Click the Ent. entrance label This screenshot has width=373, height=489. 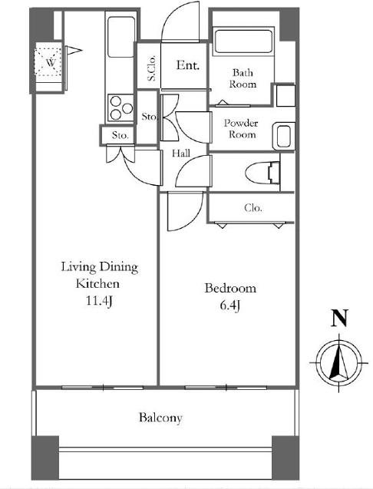[x=188, y=65]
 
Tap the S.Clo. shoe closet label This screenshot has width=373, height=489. [x=151, y=68]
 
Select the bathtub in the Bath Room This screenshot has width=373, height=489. [x=243, y=41]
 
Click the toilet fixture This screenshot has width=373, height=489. [x=262, y=173]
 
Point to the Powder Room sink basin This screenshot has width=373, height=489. [x=283, y=137]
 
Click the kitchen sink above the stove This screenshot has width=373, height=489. [x=120, y=37]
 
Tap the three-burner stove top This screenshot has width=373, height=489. [x=120, y=108]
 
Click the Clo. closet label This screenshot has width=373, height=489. [x=253, y=208]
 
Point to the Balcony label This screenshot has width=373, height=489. [x=160, y=418]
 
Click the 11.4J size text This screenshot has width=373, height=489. [x=99, y=301]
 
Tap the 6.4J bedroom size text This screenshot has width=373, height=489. [x=229, y=306]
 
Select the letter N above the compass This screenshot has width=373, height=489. [x=339, y=318]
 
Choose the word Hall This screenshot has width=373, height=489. [x=181, y=153]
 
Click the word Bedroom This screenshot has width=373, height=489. [x=230, y=288]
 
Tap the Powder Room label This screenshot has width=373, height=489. [x=241, y=128]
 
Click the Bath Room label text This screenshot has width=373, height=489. [x=243, y=78]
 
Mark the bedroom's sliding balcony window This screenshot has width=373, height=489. [x=226, y=388]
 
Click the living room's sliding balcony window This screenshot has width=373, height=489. [x=103, y=388]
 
